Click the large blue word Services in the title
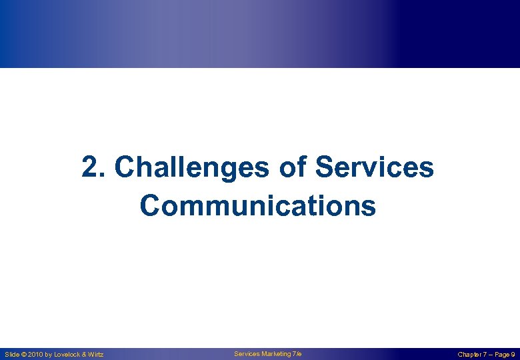pos(374,168)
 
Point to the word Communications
pos(258,206)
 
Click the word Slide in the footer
pos(12,354)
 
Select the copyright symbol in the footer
pos(25,354)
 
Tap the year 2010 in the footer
pos(36,354)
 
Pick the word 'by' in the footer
pos(49,354)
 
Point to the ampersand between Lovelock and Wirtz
pos(85,354)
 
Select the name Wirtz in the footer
pos(96,354)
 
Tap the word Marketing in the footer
pos(275,353)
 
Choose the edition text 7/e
pos(297,353)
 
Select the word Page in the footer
pos(501,354)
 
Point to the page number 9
pos(512,354)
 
